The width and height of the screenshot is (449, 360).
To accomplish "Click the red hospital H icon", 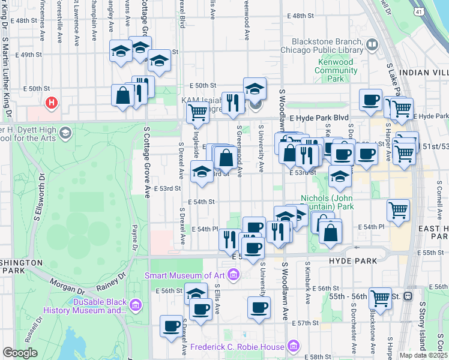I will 52,103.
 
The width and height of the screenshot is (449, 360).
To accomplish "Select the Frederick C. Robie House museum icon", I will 293,346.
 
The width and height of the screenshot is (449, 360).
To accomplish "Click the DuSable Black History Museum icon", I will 136,306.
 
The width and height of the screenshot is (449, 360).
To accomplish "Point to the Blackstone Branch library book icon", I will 372,46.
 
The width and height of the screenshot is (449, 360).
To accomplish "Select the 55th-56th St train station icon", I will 408,296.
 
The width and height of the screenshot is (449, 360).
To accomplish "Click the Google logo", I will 20,353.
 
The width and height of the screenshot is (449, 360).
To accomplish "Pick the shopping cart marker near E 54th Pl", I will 399,210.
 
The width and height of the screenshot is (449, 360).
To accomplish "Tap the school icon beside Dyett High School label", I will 65,132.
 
